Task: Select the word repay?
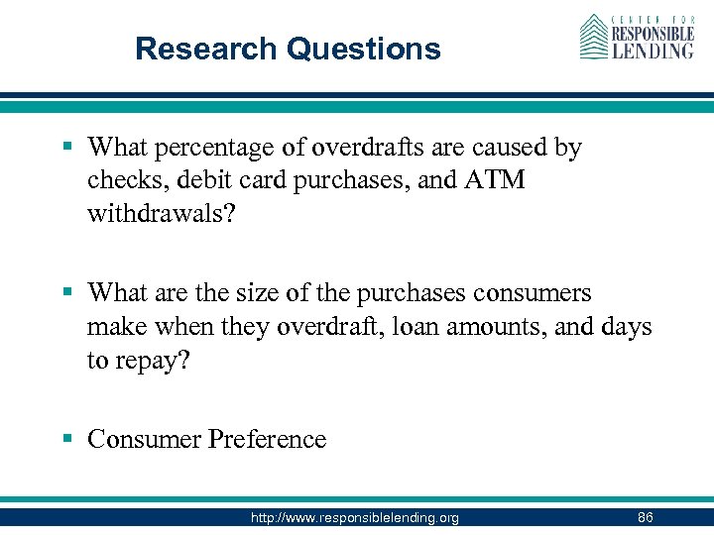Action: (x=149, y=361)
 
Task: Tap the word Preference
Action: (x=266, y=439)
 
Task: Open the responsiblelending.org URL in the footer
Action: (x=356, y=517)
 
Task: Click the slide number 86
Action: (x=645, y=517)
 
